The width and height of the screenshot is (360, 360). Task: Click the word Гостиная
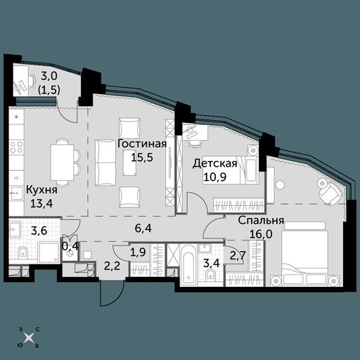pos(142,143)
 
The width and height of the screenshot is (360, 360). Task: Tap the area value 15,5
pos(142,157)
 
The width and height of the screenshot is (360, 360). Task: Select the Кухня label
pos(41,190)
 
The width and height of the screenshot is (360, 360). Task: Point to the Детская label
pos(215,163)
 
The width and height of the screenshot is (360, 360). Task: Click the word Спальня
pos(261,221)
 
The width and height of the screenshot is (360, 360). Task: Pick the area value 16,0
pos(261,234)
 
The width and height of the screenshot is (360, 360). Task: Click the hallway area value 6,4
pos(143,228)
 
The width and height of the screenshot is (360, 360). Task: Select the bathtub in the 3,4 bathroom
pos(188,265)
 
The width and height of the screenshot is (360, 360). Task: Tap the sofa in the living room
pos(105,162)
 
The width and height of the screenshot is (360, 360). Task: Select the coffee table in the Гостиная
pos(130,162)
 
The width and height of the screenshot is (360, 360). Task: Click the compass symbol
pos(29,337)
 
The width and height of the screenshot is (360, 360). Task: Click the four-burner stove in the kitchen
pos(16,148)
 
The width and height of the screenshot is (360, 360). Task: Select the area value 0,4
pos(70,246)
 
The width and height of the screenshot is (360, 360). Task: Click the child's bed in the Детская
pos(231,170)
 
